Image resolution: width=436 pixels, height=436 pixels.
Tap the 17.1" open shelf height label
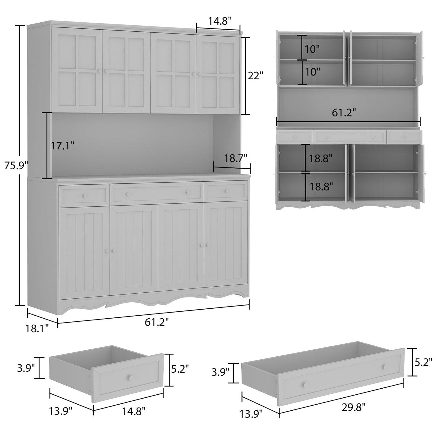pyautogui.click(x=62, y=146)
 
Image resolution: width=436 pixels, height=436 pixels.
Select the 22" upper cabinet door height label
pyautogui.click(x=255, y=76)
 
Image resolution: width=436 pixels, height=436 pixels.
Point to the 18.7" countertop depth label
pyautogui.click(x=236, y=158)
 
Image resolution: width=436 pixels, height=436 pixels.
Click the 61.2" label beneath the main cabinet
pyautogui.click(x=157, y=322)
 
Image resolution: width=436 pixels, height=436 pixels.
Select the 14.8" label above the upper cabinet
pyautogui.click(x=220, y=21)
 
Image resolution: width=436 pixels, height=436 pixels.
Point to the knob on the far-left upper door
pyautogui.click(x=99, y=71)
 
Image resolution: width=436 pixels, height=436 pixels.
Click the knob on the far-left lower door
pyautogui.click(x=107, y=251)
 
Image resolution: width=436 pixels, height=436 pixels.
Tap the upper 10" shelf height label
pyautogui.click(x=312, y=49)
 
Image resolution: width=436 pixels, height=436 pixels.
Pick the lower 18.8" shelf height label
pyautogui.click(x=321, y=186)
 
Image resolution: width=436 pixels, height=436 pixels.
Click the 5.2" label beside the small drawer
pyautogui.click(x=180, y=368)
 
